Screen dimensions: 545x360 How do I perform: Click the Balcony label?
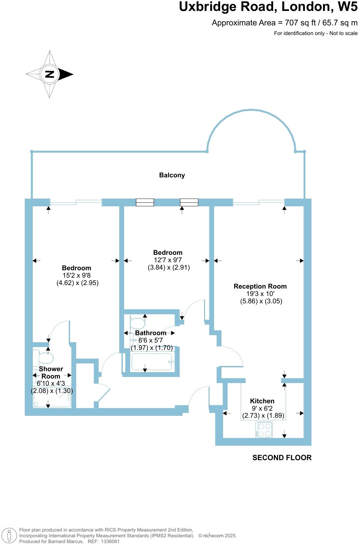pos(172,175)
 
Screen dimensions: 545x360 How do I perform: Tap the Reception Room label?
pos(260,286)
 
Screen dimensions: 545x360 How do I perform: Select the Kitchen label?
pos(262,401)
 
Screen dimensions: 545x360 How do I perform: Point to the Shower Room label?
pos(51,372)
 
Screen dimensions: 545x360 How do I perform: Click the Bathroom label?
pos(150,333)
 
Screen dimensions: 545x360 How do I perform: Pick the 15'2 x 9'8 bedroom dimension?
pos(77,275)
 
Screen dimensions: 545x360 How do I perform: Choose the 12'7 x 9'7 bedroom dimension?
pos(168,260)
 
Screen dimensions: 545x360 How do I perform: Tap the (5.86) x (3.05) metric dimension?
pos(261,301)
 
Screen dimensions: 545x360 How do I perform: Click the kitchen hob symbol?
pos(264,430)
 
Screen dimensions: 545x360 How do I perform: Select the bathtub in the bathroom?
pos(153,362)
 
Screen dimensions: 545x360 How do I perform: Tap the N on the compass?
pos(50,74)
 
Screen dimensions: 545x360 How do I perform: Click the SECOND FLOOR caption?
pos(282,458)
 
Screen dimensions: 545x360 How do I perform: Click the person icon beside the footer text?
pos(9,536)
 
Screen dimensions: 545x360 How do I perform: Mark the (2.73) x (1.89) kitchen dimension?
pos(263,415)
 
